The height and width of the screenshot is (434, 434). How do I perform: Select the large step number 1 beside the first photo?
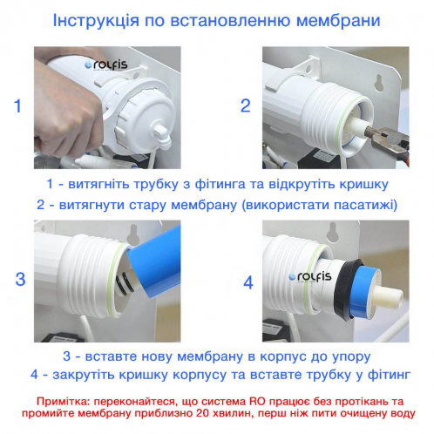coord(17,107)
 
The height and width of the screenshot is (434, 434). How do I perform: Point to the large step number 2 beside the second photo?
coord(246,106)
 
